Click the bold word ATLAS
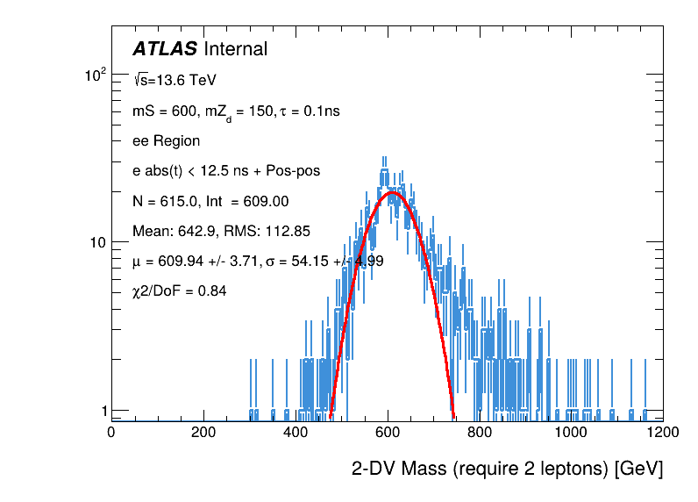[165, 50]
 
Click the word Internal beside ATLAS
[235, 50]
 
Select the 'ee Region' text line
[166, 140]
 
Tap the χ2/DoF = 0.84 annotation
[179, 290]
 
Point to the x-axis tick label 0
[110, 432]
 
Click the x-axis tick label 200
[203, 432]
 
